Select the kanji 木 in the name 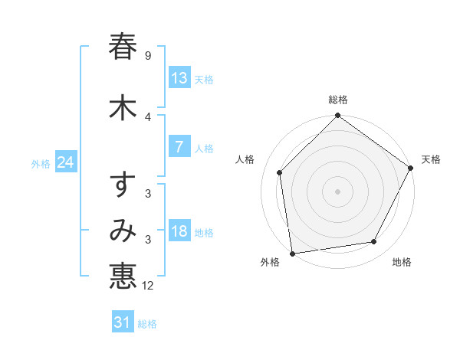point(123,107)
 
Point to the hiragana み point(123,231)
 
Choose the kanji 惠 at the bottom point(123,277)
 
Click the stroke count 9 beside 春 point(147,56)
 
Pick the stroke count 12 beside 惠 point(149,286)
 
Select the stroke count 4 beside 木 point(147,117)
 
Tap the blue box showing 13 point(179,78)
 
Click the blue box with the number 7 point(179,147)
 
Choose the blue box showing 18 point(179,231)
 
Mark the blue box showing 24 point(66,162)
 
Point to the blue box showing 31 point(123,322)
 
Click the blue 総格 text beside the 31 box point(147,324)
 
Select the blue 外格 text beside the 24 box point(41,164)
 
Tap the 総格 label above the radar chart point(338,100)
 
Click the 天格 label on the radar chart point(431,159)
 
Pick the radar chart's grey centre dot point(338,191)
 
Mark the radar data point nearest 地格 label point(374,241)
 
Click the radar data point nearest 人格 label point(280,172)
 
